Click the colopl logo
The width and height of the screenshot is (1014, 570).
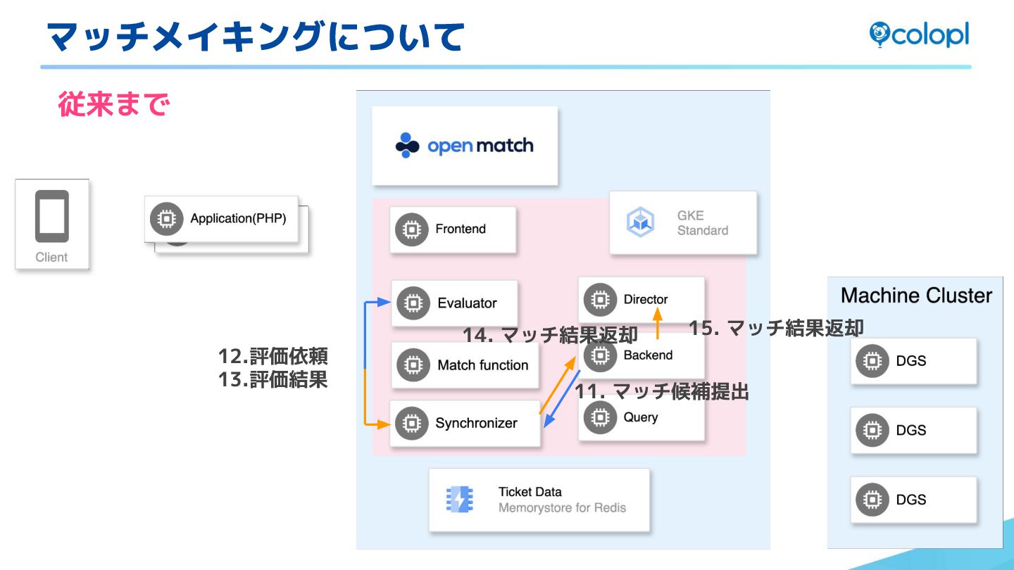(919, 34)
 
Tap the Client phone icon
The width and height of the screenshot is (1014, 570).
(52, 216)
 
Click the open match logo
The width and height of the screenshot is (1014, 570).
(465, 146)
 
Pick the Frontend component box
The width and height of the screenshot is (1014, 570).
(453, 229)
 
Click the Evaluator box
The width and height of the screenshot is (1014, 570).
(454, 303)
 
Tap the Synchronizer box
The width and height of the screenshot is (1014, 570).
(465, 423)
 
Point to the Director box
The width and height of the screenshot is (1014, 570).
(640, 299)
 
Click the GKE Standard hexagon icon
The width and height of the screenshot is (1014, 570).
(641, 222)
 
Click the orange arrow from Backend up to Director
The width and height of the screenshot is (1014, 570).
(658, 329)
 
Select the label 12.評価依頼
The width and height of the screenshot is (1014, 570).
(273, 356)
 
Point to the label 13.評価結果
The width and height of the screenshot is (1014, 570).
(273, 380)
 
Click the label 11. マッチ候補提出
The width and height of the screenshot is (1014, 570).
(662, 391)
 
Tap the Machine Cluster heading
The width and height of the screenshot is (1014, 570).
(916, 296)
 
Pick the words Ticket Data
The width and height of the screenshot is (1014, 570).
(530, 492)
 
